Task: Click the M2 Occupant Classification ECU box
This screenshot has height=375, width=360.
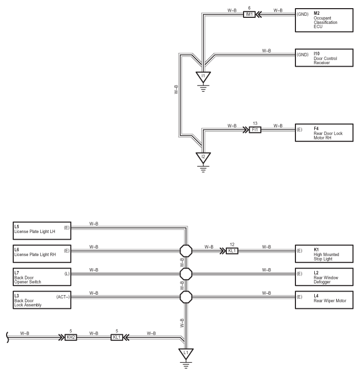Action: click(x=324, y=20)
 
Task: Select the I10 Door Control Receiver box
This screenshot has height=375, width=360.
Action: click(x=324, y=57)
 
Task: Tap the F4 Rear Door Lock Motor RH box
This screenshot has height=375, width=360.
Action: click(x=324, y=132)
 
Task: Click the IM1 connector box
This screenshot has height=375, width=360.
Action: click(x=249, y=14)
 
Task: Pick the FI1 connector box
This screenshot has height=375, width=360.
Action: click(x=255, y=130)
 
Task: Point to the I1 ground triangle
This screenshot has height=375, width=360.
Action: click(x=203, y=77)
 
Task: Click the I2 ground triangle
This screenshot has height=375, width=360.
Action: click(x=203, y=158)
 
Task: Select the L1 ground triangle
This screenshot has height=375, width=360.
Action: click(x=186, y=354)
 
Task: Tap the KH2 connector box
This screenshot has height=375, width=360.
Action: click(x=71, y=337)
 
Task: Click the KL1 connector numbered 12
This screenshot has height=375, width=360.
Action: click(x=232, y=251)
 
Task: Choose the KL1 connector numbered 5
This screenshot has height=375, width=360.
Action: click(x=116, y=337)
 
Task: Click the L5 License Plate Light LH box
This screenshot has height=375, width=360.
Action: click(x=42, y=230)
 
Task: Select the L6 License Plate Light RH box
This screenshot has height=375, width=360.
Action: click(x=42, y=253)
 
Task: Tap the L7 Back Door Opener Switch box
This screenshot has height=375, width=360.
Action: click(x=42, y=277)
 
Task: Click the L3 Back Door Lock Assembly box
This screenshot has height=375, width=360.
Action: click(x=42, y=300)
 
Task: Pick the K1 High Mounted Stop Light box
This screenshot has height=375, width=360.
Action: click(x=324, y=253)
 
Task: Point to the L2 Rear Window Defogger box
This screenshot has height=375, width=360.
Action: click(x=324, y=277)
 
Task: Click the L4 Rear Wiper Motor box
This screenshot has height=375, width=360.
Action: click(x=324, y=300)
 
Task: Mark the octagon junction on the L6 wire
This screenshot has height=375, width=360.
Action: click(x=186, y=251)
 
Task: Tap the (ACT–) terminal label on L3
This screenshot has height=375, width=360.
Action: click(x=63, y=297)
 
